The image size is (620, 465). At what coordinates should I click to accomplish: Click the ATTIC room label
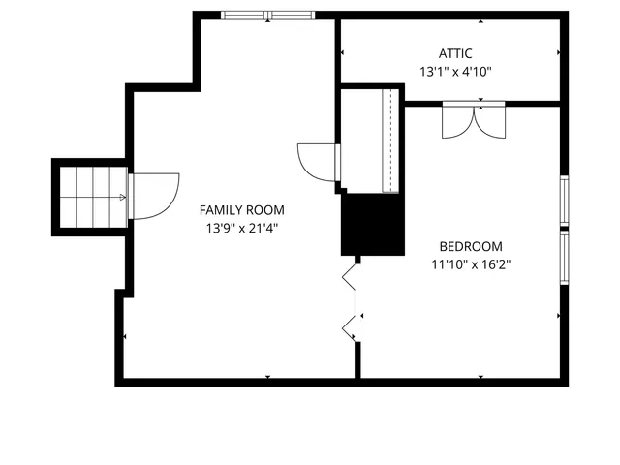tap(454, 53)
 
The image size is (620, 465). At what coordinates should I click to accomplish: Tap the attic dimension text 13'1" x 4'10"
tap(455, 71)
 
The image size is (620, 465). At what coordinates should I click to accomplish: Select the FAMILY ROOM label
tap(241, 209)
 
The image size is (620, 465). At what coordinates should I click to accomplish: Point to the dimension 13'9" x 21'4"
tap(241, 228)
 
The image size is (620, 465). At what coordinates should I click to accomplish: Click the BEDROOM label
tap(470, 245)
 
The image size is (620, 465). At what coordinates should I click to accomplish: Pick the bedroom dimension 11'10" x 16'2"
tap(471, 263)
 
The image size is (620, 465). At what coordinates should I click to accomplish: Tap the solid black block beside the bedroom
tap(372, 224)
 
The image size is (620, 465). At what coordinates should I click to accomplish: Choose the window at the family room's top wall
tap(268, 15)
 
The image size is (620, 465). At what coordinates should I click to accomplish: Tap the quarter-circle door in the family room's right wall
tap(318, 161)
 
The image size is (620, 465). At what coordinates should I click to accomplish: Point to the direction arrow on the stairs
tap(121, 197)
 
